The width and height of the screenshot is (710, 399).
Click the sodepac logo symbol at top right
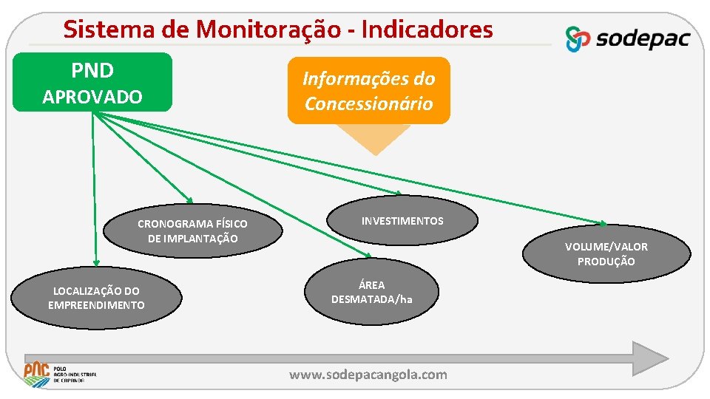(578, 38)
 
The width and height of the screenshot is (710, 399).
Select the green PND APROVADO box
(92, 82)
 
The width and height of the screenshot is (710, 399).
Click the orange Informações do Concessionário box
(368, 90)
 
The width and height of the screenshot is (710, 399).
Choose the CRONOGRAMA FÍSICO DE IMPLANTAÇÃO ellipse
(192, 231)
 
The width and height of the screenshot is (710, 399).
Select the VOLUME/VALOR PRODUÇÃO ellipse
(606, 253)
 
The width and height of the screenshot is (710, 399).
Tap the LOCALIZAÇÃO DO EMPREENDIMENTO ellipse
(96, 298)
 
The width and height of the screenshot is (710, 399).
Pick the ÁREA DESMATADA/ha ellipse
(372, 292)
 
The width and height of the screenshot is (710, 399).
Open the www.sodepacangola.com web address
(368, 375)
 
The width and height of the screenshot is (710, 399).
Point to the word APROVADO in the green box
(92, 97)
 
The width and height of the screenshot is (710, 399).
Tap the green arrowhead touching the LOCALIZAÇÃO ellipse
(95, 261)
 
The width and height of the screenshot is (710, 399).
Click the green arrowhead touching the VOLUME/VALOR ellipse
(603, 223)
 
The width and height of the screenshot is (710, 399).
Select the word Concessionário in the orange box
(368, 103)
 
